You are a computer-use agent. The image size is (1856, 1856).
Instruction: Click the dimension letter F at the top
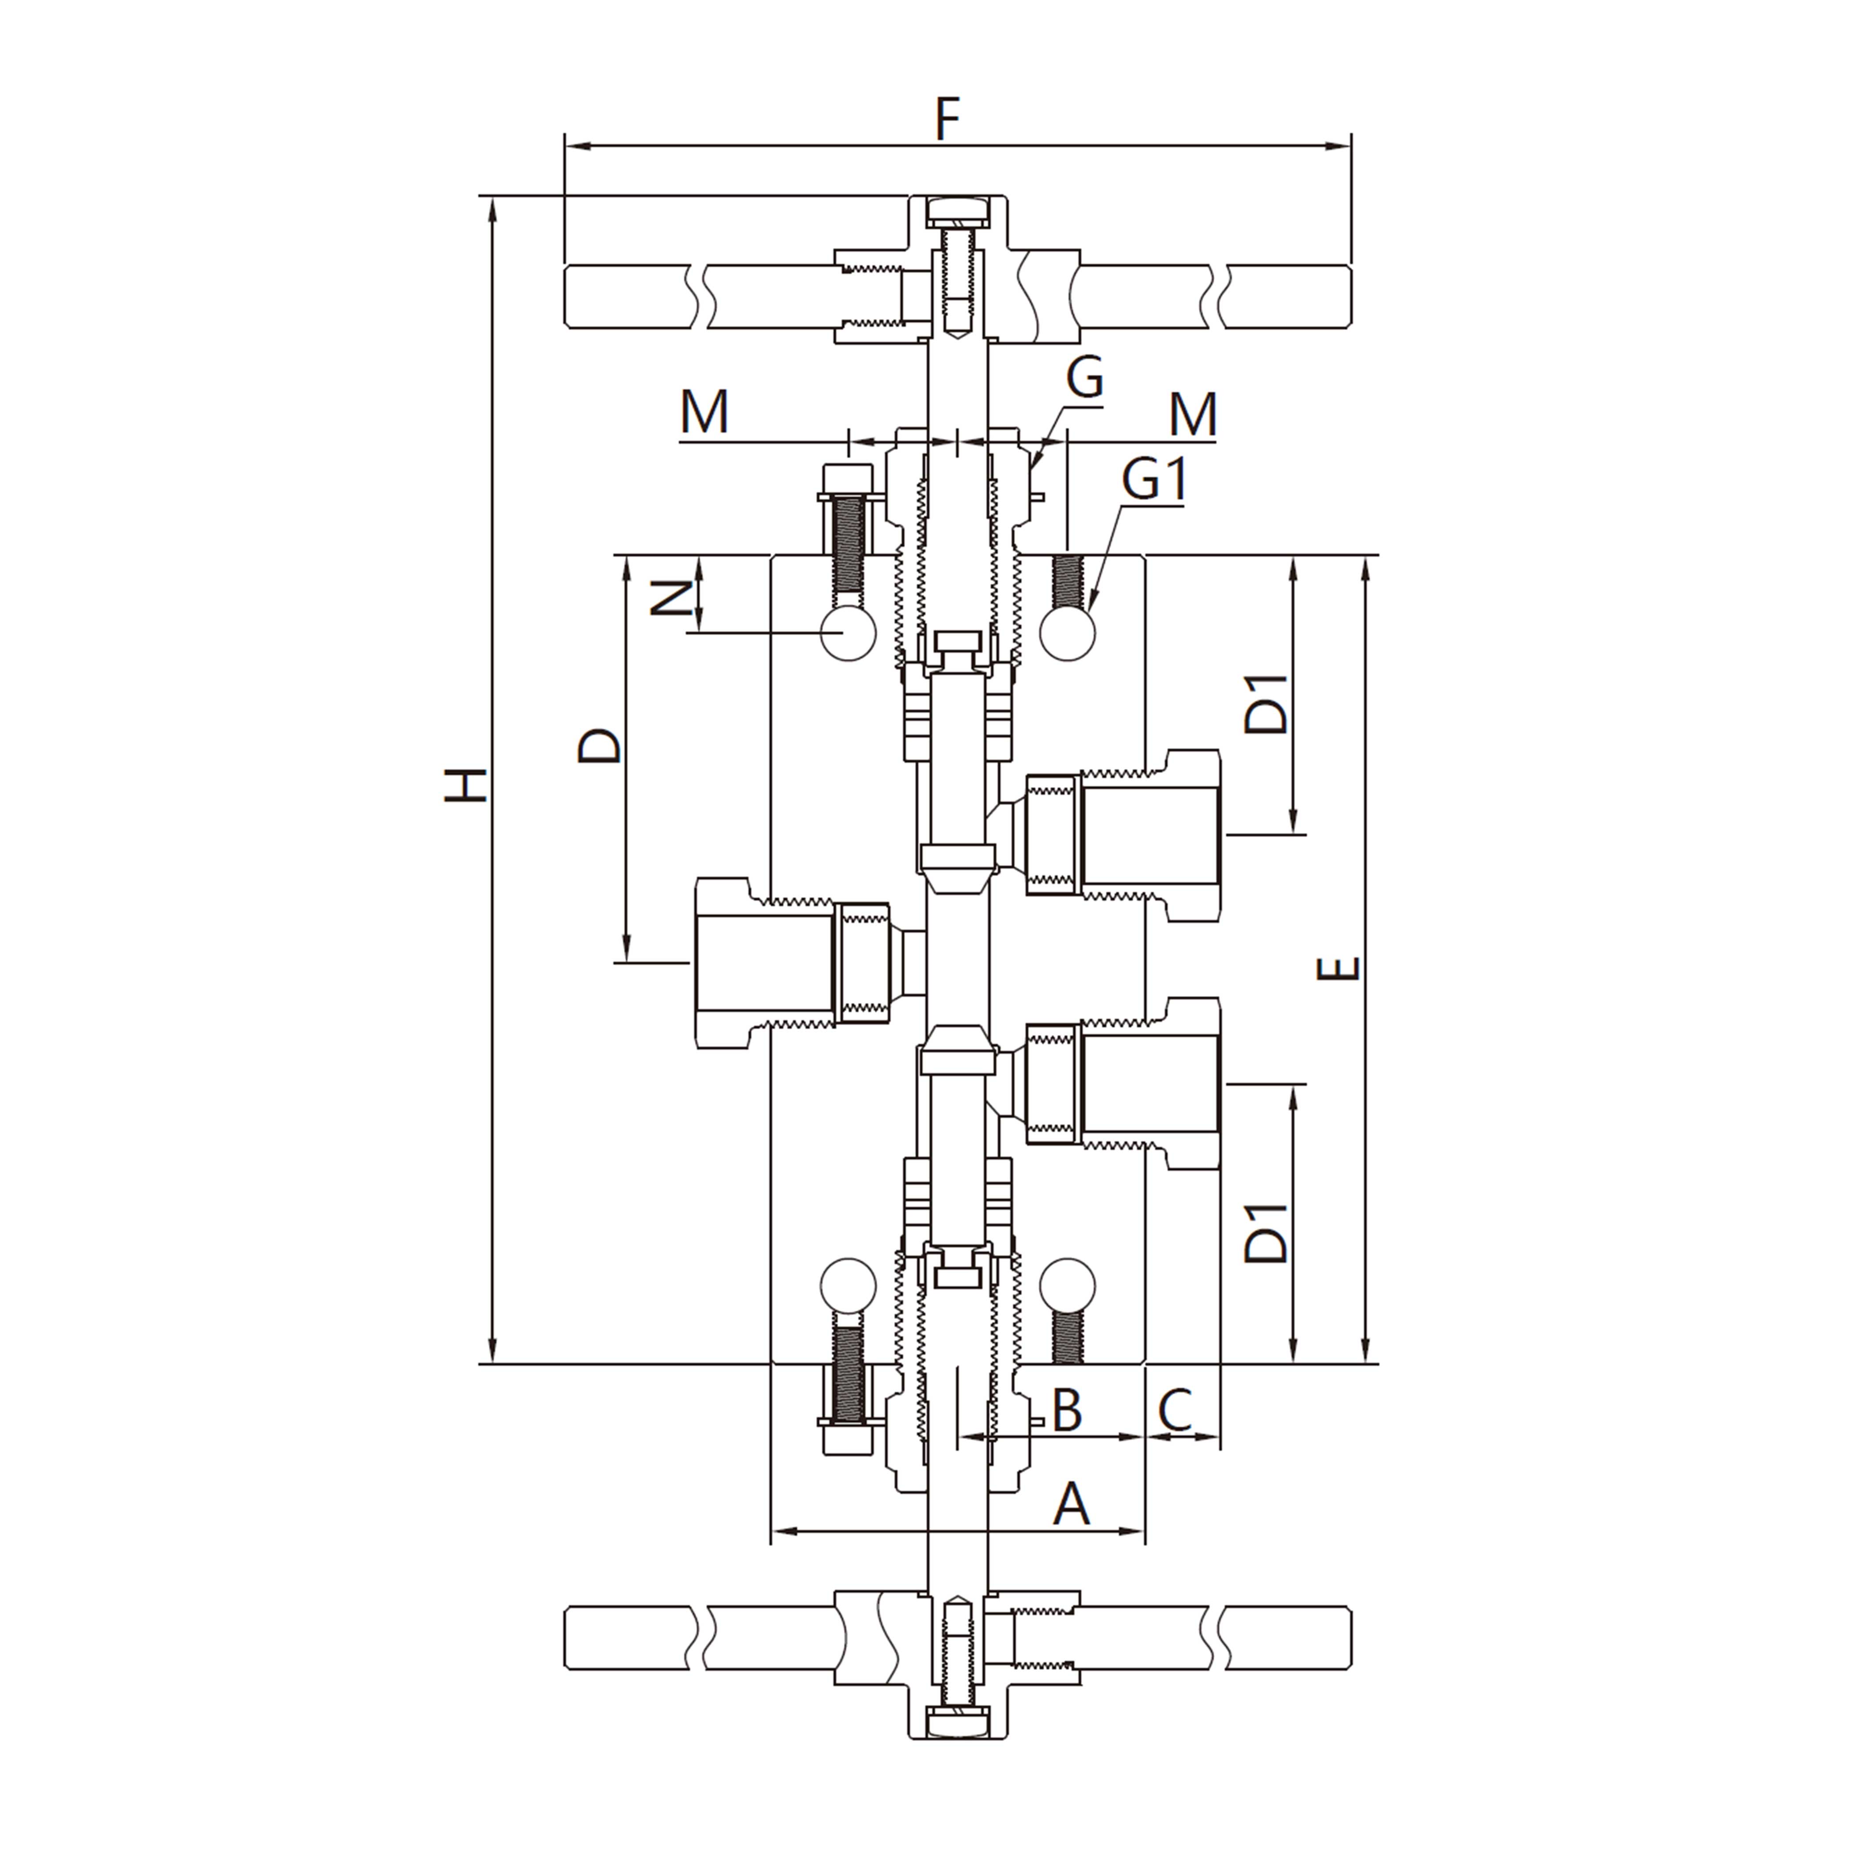[947, 119]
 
